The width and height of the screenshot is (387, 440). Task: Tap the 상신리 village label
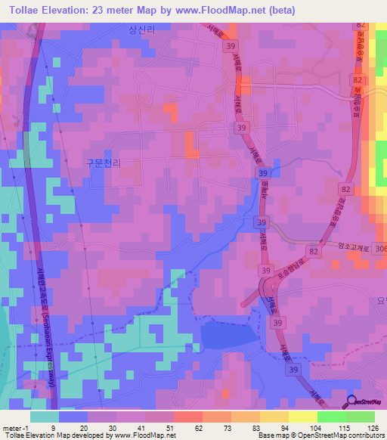tap(141, 29)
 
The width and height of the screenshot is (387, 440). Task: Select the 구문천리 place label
tap(104, 163)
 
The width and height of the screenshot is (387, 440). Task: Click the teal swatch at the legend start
tap(44, 417)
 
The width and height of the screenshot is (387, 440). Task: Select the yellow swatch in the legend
tap(302, 417)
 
